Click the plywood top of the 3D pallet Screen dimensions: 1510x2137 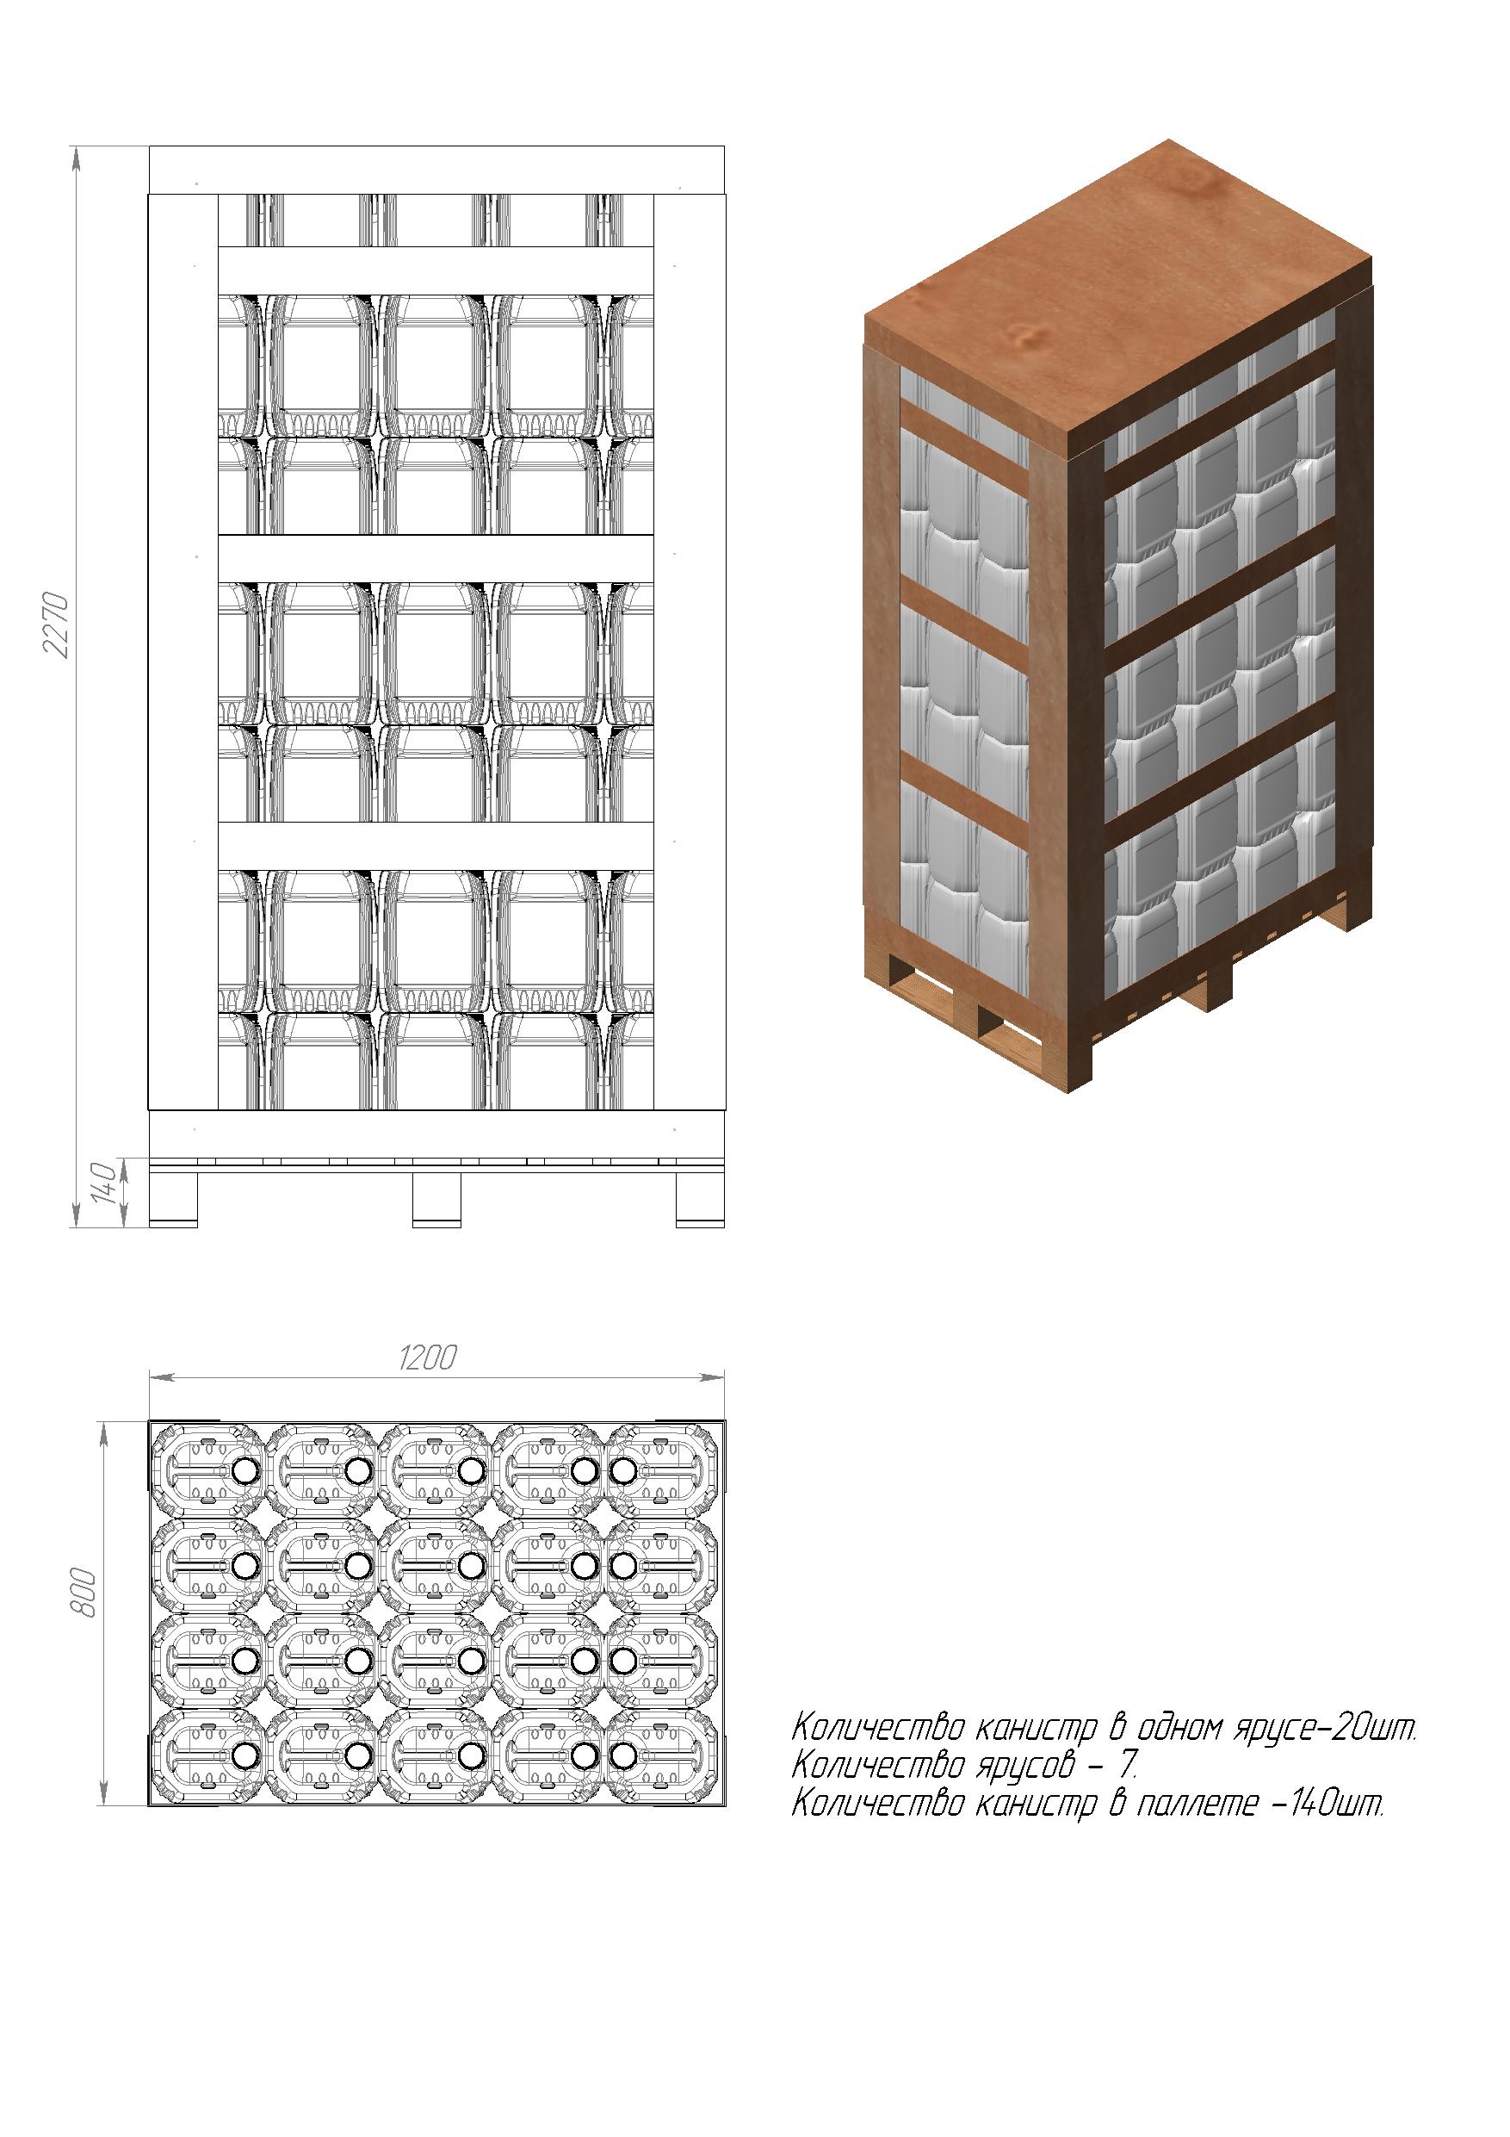coord(1119,289)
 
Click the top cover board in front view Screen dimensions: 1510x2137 coord(436,171)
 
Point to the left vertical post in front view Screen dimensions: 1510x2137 coord(183,651)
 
